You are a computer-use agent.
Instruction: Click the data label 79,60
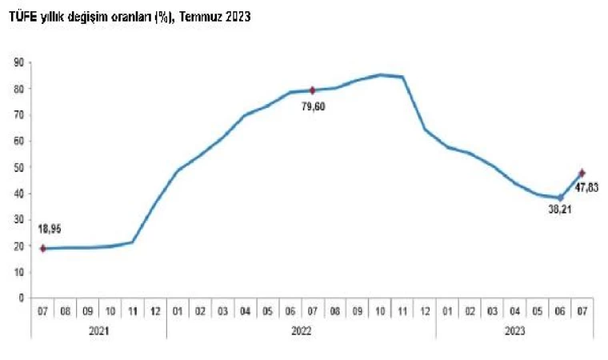(313, 106)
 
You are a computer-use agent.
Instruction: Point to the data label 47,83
(587, 188)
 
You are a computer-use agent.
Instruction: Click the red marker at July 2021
(42, 248)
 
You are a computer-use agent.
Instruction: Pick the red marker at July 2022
(313, 90)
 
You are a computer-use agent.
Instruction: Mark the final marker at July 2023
(582, 173)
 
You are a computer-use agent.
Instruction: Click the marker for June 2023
(560, 198)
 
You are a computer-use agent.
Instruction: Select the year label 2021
(98, 330)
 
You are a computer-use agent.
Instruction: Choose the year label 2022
(301, 330)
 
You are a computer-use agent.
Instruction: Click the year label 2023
(515, 330)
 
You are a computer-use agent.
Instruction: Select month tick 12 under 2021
(155, 310)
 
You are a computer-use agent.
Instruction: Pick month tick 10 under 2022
(380, 310)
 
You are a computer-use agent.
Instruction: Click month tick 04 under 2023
(515, 310)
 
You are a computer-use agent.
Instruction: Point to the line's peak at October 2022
(380, 74)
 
